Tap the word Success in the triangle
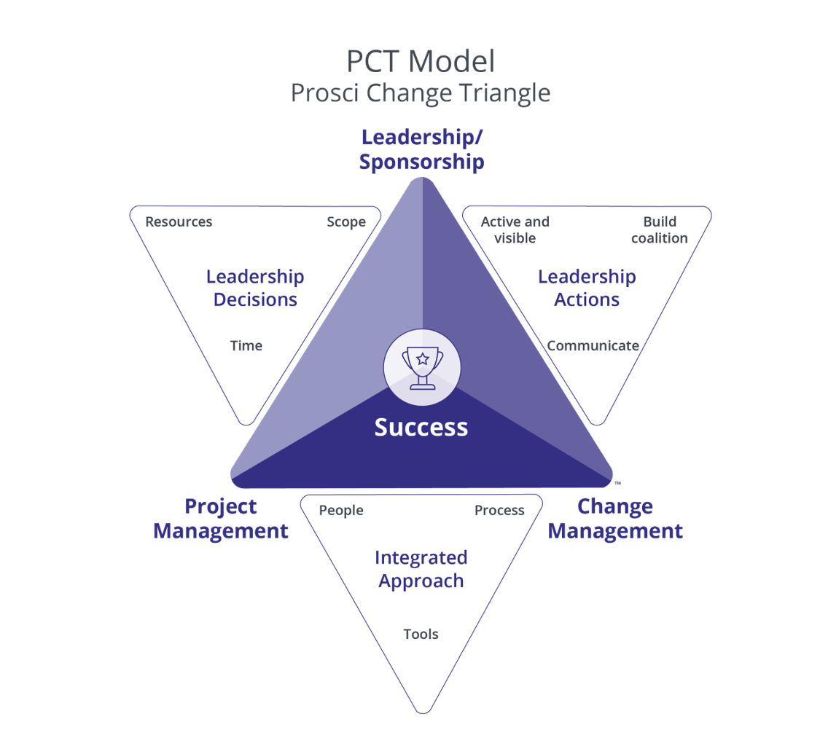click(x=421, y=427)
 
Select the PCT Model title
click(x=421, y=61)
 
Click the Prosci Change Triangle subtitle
click(x=421, y=93)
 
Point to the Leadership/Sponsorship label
click(x=421, y=149)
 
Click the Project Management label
click(x=221, y=519)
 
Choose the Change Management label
click(x=615, y=519)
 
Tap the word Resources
click(x=179, y=221)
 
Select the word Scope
click(x=346, y=221)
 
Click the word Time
click(x=246, y=345)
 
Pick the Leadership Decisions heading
click(x=255, y=288)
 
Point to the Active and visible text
click(x=515, y=229)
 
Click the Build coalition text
click(x=660, y=229)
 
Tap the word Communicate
click(x=593, y=345)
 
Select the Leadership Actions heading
click(x=587, y=288)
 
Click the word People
click(x=341, y=510)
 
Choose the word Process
click(x=499, y=510)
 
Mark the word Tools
click(x=421, y=634)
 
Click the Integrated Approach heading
click(x=421, y=569)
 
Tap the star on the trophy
click(x=422, y=358)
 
